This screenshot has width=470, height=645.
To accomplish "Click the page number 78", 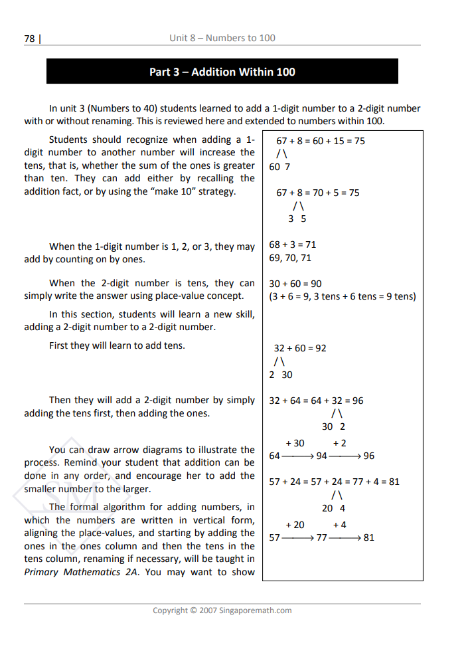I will coord(29,39).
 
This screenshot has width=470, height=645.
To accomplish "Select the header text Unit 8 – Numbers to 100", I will coord(222,38).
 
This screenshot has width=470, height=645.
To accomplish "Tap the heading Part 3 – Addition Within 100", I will coord(222,72).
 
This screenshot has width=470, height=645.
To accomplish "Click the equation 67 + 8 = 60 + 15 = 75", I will coord(321,141).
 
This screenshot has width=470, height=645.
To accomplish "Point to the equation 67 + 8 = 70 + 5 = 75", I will coord(318,193).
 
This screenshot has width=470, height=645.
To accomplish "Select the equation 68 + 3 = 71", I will coord(293,244).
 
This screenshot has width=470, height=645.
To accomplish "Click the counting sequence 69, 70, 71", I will coord(290,258).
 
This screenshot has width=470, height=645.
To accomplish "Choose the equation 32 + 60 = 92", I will coord(300,348).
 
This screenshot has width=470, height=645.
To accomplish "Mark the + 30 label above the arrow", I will coord(295,443).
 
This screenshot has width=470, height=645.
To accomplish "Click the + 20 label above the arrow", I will coord(295,524).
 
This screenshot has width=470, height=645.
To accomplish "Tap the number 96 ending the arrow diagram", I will coord(368,456).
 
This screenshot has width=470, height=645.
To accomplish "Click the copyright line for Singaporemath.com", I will coord(222,610).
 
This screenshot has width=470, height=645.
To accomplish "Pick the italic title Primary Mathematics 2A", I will coord(80,572).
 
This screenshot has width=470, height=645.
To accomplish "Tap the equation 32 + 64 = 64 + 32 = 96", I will coord(316,401).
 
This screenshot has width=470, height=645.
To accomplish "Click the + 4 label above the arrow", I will coord(339,524).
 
